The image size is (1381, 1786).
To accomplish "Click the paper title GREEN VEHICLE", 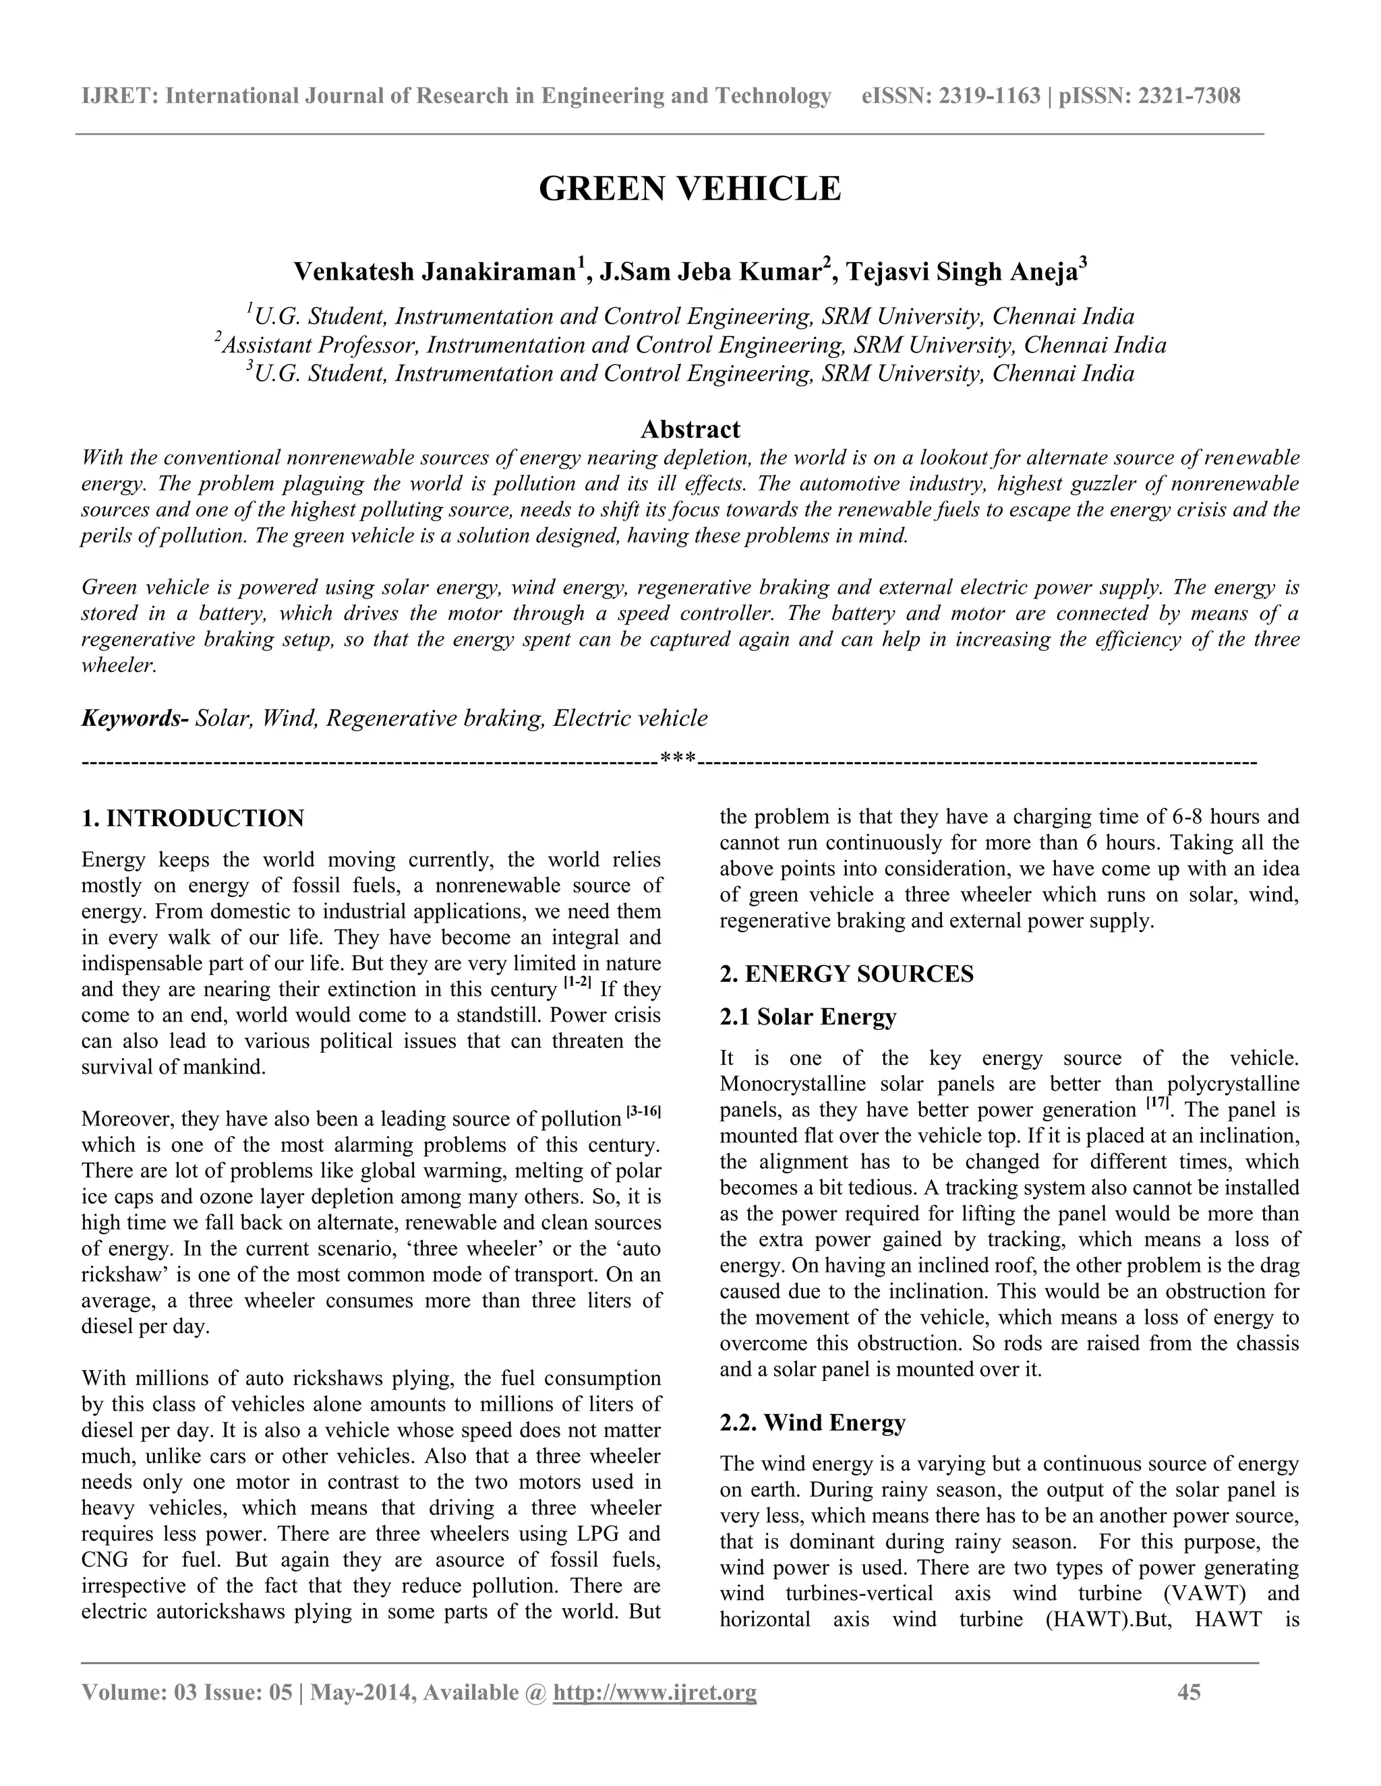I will (690, 189).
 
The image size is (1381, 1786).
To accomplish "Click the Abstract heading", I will (690, 429).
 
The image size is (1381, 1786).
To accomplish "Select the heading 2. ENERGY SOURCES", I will (846, 974).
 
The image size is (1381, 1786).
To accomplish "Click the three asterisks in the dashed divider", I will (678, 760).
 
